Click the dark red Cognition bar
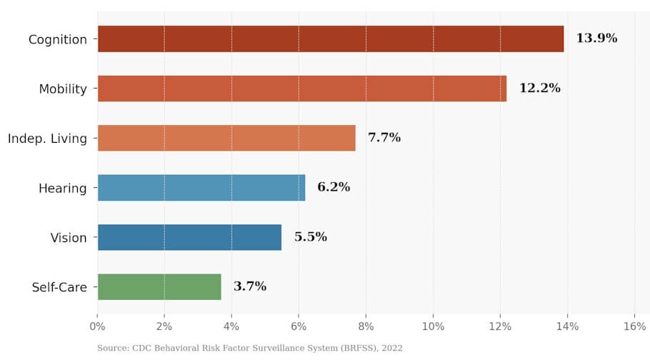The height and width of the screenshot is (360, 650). tap(330, 39)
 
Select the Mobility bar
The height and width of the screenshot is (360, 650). tap(301, 89)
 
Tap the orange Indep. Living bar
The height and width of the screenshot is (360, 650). tap(226, 138)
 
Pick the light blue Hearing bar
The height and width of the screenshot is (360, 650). tap(201, 188)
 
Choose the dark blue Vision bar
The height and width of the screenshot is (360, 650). tap(189, 237)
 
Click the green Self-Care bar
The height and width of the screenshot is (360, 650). tap(159, 286)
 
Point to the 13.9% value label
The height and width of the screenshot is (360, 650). tap(596, 39)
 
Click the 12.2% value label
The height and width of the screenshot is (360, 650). tap(539, 89)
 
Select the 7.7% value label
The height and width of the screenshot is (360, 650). tap(384, 138)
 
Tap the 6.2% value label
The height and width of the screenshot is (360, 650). tap(334, 188)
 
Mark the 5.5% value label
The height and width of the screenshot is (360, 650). tap(311, 237)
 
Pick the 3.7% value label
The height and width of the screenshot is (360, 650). tap(250, 286)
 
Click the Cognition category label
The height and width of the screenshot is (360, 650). tap(57, 39)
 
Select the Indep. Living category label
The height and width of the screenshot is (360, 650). tap(47, 139)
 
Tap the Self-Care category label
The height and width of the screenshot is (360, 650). tap(59, 288)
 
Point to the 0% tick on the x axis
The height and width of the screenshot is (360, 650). tap(97, 327)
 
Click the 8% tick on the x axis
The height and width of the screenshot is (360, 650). tap(366, 327)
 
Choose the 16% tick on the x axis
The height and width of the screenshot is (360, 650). tap(634, 327)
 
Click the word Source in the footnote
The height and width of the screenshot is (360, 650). tap(113, 349)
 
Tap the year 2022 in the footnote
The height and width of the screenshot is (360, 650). tap(391, 349)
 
